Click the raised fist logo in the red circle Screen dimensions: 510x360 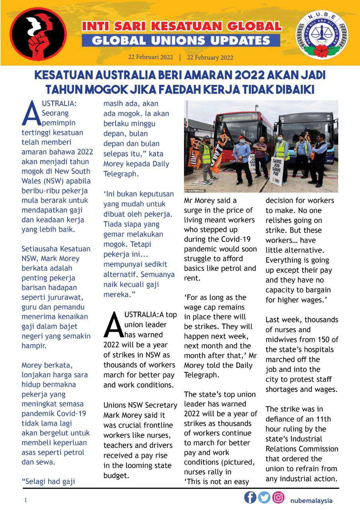click(x=38, y=34)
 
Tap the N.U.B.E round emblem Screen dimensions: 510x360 click(x=321, y=35)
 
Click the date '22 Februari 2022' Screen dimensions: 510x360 click(x=151, y=57)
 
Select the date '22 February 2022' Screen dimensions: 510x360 click(x=210, y=57)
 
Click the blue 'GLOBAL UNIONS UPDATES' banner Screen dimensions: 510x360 click(x=181, y=40)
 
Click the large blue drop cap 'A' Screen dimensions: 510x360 click(x=31, y=113)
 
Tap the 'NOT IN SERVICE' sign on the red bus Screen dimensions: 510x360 click(x=237, y=118)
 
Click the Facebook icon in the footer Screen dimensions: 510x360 click(x=250, y=498)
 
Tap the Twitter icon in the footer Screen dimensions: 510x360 click(x=264, y=498)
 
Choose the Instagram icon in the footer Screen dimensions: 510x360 click(x=278, y=498)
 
